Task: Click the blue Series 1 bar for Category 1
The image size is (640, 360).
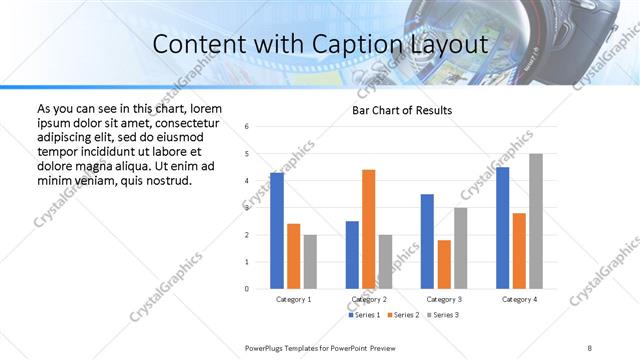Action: click(277, 231)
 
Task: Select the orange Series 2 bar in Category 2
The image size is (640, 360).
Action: click(369, 229)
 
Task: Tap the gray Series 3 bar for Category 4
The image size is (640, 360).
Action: click(536, 221)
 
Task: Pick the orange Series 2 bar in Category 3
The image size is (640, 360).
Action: click(444, 264)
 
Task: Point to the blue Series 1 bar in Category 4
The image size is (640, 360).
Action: click(502, 228)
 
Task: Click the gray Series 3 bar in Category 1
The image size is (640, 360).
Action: click(310, 262)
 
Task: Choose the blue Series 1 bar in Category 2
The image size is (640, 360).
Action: click(352, 255)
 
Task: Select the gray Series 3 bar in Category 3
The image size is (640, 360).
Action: click(460, 248)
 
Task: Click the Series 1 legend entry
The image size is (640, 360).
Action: click(363, 315)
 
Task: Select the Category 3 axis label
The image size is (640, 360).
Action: click(443, 299)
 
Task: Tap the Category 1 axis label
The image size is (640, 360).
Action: click(293, 299)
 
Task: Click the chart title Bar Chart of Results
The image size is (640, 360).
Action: click(402, 110)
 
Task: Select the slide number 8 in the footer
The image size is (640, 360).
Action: click(589, 347)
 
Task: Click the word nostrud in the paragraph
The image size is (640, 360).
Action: click(165, 180)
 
